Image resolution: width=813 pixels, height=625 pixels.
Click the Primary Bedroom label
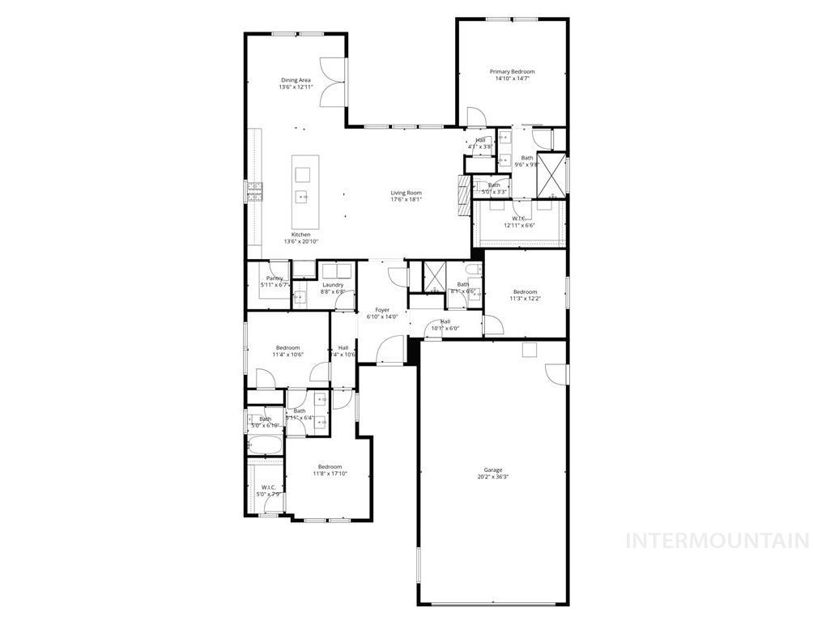point(512,72)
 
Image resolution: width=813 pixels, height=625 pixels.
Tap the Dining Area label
point(296,80)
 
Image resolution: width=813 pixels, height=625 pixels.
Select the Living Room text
point(406,193)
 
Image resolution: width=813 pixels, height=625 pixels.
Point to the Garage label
point(493,470)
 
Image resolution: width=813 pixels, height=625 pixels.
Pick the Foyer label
point(382,310)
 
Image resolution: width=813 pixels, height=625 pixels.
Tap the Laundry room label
point(333,285)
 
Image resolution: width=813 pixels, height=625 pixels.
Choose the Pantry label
point(275,278)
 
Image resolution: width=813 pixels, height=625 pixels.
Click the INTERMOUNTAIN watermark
point(717,540)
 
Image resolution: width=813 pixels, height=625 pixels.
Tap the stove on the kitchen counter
point(254,191)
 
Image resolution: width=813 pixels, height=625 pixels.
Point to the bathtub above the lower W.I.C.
point(265,444)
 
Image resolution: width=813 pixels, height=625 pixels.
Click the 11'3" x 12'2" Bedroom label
point(525,292)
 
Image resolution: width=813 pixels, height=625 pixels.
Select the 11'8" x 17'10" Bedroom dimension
point(330,474)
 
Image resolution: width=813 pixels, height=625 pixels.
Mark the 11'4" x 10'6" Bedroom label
point(287,348)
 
